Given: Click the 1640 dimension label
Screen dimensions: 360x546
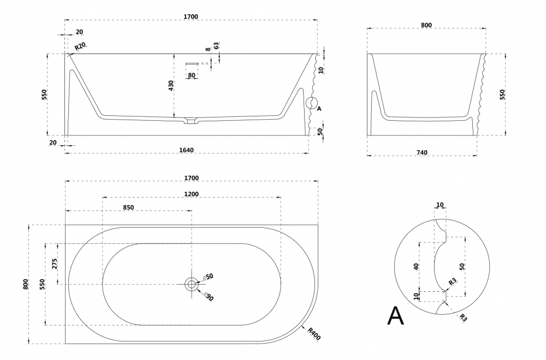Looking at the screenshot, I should tap(186, 150).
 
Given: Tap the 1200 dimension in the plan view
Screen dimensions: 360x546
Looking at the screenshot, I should tap(191, 194).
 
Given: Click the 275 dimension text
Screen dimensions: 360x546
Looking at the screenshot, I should tap(54, 264).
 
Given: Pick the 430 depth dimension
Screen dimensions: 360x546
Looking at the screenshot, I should tap(171, 86).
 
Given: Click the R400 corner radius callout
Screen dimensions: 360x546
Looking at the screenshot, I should tap(313, 333).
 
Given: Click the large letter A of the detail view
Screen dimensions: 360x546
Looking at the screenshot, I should tap(395, 316).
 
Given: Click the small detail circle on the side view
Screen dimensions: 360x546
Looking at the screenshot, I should tap(311, 103).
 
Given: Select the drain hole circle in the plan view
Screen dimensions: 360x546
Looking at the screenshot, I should tap(191, 284).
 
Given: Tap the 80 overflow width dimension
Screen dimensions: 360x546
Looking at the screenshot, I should tap(192, 75).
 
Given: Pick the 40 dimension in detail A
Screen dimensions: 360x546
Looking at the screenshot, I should tap(417, 267).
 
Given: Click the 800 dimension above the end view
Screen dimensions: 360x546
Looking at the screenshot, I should tap(426, 25).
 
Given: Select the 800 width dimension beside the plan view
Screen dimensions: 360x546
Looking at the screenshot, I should tap(26, 284).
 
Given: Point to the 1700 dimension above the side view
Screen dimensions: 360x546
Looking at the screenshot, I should tap(191, 17).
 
